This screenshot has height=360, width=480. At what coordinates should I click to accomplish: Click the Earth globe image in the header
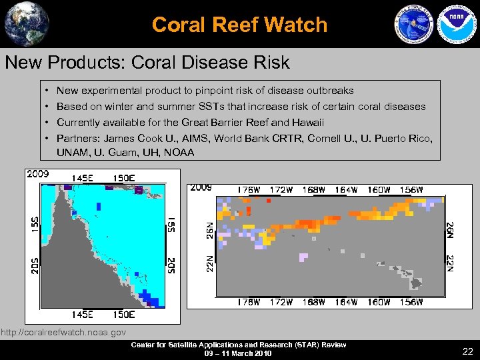tap(27, 23)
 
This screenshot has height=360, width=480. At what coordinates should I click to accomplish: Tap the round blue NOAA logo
tap(453, 25)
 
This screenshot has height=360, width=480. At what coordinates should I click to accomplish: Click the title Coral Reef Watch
tap(239, 25)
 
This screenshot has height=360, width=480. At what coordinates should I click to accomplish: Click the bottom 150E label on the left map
tap(123, 315)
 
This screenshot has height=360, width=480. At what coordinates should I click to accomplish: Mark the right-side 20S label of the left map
tap(171, 265)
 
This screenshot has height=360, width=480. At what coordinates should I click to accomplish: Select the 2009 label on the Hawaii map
tap(201, 187)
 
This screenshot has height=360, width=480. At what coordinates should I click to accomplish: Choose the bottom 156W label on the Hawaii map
tap(411, 302)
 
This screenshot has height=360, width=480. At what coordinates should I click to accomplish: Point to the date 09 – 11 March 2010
tap(238, 353)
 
